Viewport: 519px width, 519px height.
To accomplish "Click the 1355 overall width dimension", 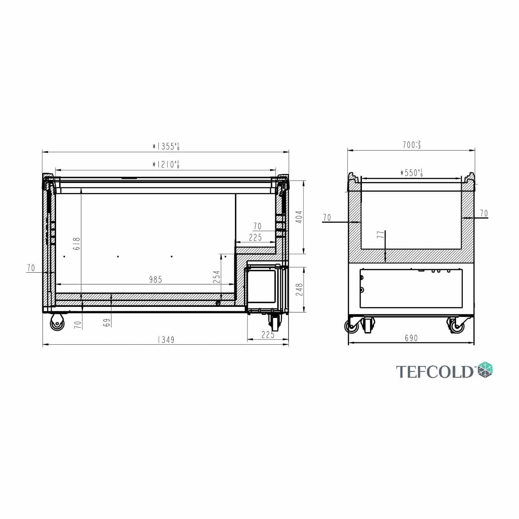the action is (166, 146).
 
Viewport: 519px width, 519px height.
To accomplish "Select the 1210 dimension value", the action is (166, 164).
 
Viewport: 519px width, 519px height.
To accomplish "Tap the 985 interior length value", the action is (155, 280).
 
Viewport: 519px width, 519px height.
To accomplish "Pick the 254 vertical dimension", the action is (217, 277).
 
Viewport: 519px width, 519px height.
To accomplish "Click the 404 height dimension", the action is (299, 217).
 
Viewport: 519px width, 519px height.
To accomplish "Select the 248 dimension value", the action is (299, 289).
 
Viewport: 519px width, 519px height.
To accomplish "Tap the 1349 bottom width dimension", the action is (166, 340).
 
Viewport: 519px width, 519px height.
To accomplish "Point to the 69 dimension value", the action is (107, 322).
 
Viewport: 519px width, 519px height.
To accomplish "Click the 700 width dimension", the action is (411, 145).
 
